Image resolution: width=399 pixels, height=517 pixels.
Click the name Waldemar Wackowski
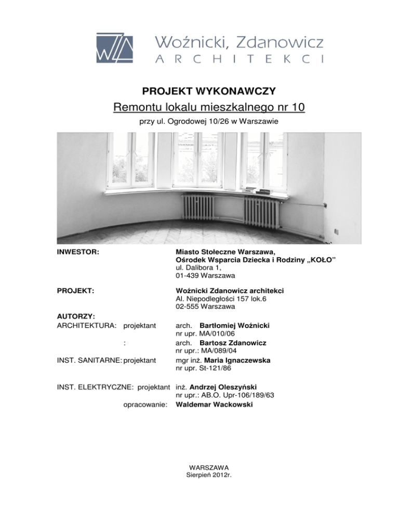215,403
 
